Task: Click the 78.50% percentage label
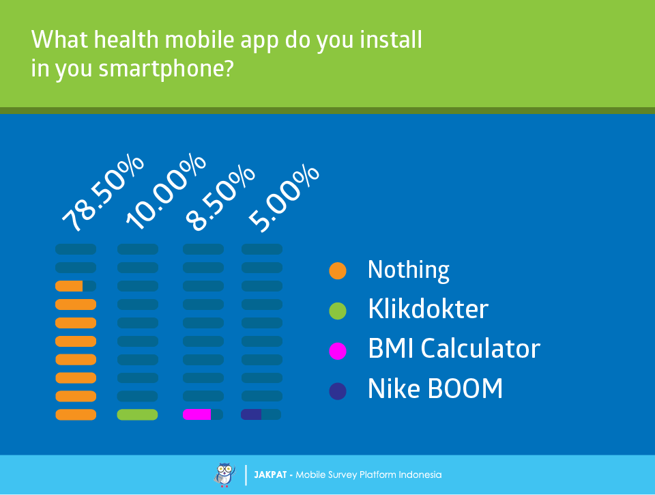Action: click(x=103, y=193)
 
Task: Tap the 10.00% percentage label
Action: click(x=166, y=191)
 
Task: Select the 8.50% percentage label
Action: click(x=220, y=198)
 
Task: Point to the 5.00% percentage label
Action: click(x=284, y=198)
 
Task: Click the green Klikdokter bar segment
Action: click(x=137, y=414)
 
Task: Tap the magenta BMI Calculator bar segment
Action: click(x=196, y=414)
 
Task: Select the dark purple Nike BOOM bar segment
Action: click(x=251, y=414)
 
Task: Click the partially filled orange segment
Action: click(x=69, y=286)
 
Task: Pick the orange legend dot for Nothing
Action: click(x=338, y=270)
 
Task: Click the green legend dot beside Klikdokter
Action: click(x=338, y=311)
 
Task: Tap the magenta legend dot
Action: click(x=338, y=351)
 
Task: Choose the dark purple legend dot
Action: click(x=338, y=391)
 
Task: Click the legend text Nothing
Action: click(x=409, y=270)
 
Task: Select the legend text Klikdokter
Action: click(x=428, y=309)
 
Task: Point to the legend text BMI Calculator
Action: click(x=454, y=348)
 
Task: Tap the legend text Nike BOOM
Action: click(x=435, y=388)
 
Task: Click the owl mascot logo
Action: click(x=224, y=475)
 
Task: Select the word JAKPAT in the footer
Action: click(x=270, y=475)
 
